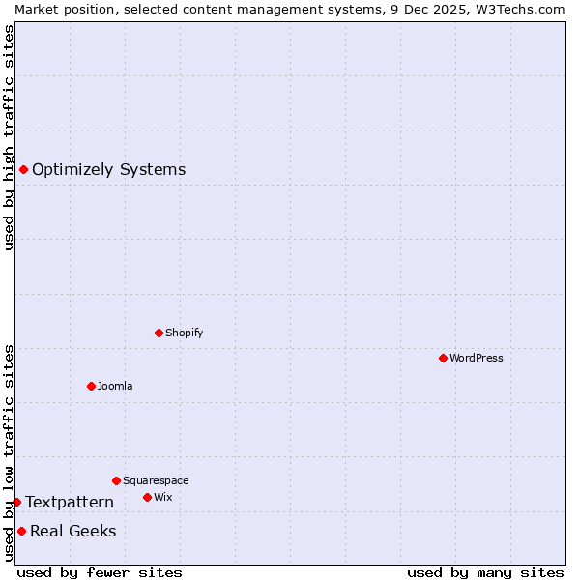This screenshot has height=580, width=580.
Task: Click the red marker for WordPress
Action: click(443, 358)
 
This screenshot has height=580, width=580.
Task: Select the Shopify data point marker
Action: click(159, 333)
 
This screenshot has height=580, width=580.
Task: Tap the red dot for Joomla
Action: click(91, 386)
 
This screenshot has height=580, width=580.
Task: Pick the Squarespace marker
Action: click(116, 480)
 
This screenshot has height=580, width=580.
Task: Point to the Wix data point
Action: click(147, 497)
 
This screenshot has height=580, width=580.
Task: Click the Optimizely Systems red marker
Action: click(23, 170)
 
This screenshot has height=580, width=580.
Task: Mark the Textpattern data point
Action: click(16, 502)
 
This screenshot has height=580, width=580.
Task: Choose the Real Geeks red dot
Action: click(21, 531)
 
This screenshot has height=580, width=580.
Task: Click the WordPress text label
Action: click(477, 358)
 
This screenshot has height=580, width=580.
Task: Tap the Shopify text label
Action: click(185, 333)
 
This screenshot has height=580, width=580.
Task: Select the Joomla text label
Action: click(115, 386)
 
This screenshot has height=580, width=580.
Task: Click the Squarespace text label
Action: click(156, 480)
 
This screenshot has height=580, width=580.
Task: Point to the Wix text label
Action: click(163, 497)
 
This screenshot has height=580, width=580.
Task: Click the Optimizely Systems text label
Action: click(109, 170)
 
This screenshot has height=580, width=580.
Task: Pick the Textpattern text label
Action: click(70, 502)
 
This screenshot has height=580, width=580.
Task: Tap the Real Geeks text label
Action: click(73, 531)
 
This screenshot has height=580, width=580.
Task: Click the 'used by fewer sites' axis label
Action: click(100, 572)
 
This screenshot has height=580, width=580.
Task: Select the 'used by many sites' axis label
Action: click(485, 572)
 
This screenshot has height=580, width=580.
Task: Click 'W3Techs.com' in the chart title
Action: click(526, 9)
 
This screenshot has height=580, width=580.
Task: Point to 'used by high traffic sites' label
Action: click(9, 137)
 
